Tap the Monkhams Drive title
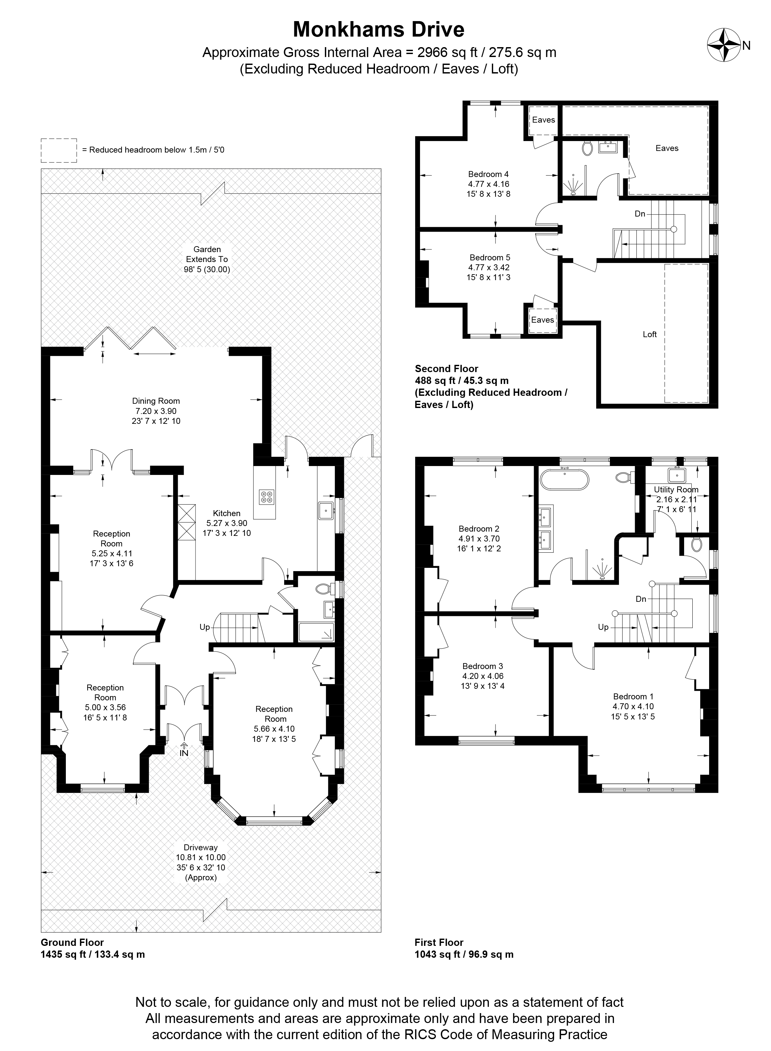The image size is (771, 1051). click(379, 29)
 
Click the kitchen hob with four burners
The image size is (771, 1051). click(267, 497)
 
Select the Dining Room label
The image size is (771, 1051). click(156, 401)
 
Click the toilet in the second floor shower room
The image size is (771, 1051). click(588, 149)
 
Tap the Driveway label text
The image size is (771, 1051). click(201, 847)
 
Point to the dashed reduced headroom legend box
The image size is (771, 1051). click(59, 150)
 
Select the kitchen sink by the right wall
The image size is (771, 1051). click(326, 511)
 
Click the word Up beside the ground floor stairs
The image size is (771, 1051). click(204, 627)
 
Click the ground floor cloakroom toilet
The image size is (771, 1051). click(325, 588)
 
